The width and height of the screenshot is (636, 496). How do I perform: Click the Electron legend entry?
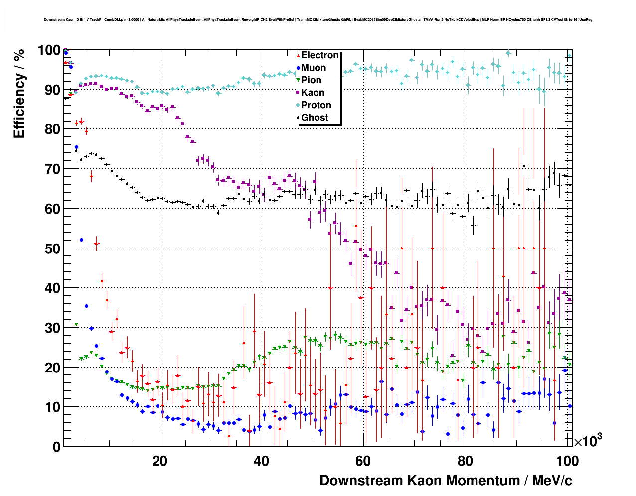click(319, 55)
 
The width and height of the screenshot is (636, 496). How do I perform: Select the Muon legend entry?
click(313, 68)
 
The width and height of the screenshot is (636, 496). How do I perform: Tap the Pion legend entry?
click(311, 80)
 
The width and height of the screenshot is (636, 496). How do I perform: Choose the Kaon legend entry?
click(313, 93)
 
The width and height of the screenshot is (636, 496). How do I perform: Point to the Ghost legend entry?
click(315, 118)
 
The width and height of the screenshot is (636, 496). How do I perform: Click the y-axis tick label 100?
click(49, 50)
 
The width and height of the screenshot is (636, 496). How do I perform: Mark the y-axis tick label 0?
click(56, 447)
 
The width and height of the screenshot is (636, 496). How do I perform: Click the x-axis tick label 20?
click(159, 461)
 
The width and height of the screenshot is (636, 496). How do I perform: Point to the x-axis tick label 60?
click(363, 461)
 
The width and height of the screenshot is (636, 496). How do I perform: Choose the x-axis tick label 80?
click(465, 461)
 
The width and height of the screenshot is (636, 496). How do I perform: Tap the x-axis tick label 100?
click(567, 461)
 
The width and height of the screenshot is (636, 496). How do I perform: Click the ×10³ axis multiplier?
click(588, 441)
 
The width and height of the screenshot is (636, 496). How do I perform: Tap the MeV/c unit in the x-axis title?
click(552, 481)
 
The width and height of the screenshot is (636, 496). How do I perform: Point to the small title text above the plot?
click(318, 20)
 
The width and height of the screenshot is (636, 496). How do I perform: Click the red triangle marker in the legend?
click(298, 56)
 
